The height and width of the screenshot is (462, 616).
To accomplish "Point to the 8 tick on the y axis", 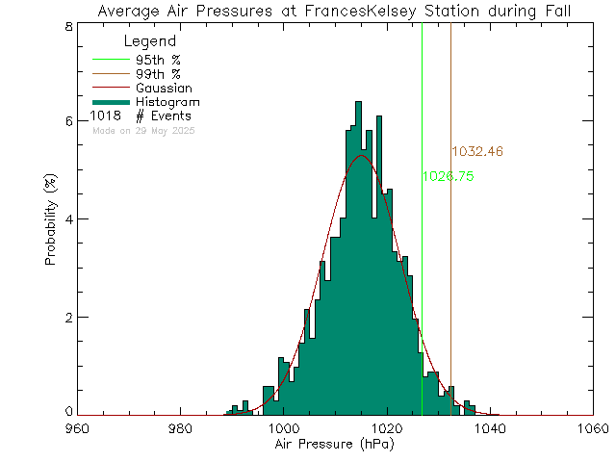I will (x=67, y=26).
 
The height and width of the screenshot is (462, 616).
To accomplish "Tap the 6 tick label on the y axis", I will (x=67, y=121).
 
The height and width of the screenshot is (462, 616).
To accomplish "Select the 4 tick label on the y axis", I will (x=67, y=218).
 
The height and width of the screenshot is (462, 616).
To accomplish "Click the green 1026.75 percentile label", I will (x=448, y=177).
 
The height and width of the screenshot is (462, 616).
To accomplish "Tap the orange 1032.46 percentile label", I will (x=477, y=152).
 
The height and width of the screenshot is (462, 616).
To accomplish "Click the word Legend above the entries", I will (x=151, y=41).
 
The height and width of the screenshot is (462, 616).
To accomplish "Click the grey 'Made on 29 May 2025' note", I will (x=143, y=130).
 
